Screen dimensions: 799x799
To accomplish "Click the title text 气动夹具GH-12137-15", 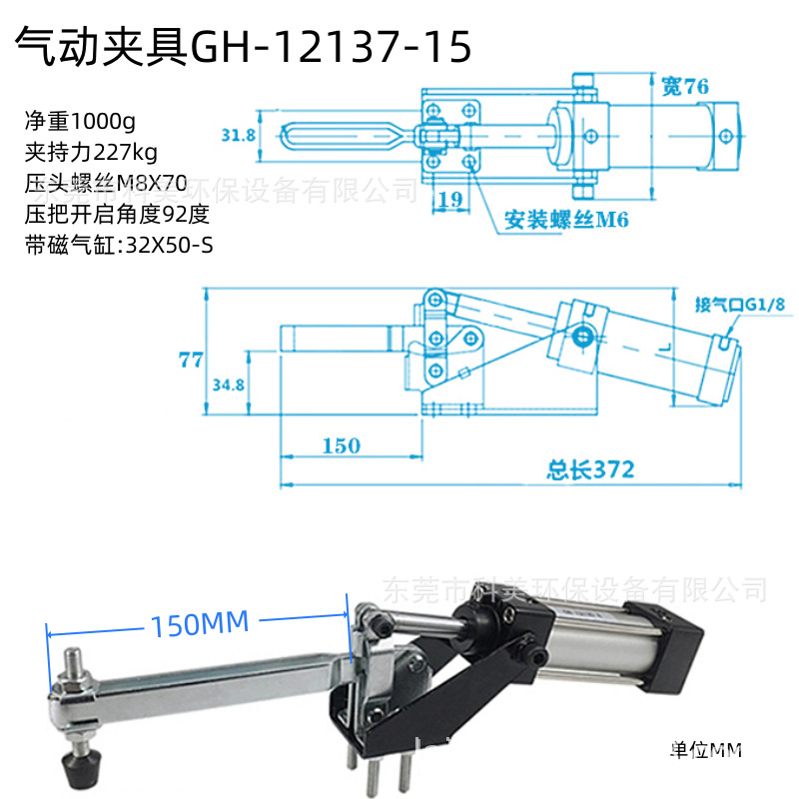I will pos(240,47).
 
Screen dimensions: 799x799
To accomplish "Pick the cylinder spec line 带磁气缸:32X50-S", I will pos(120,245).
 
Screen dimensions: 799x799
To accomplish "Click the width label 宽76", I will pos(684,87).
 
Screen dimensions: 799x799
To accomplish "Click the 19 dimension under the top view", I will pos(450,199).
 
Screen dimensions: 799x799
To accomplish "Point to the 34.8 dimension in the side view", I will pos(229,384).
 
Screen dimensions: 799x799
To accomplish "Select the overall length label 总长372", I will pos(591,467).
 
